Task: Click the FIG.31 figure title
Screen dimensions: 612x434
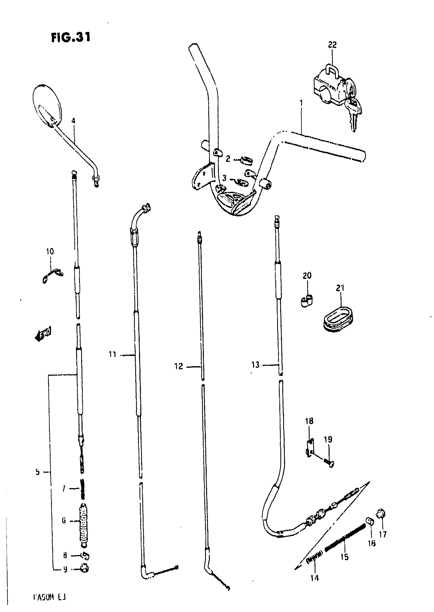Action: [x=70, y=37]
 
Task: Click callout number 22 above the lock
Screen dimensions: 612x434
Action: [x=332, y=45]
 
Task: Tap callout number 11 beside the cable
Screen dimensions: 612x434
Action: [x=113, y=354]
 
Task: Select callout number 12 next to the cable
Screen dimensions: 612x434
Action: [x=178, y=366]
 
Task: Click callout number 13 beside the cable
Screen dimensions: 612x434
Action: [x=255, y=365]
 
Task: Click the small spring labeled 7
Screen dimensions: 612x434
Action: [x=82, y=488]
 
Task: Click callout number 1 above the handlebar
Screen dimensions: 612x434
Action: [x=301, y=103]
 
